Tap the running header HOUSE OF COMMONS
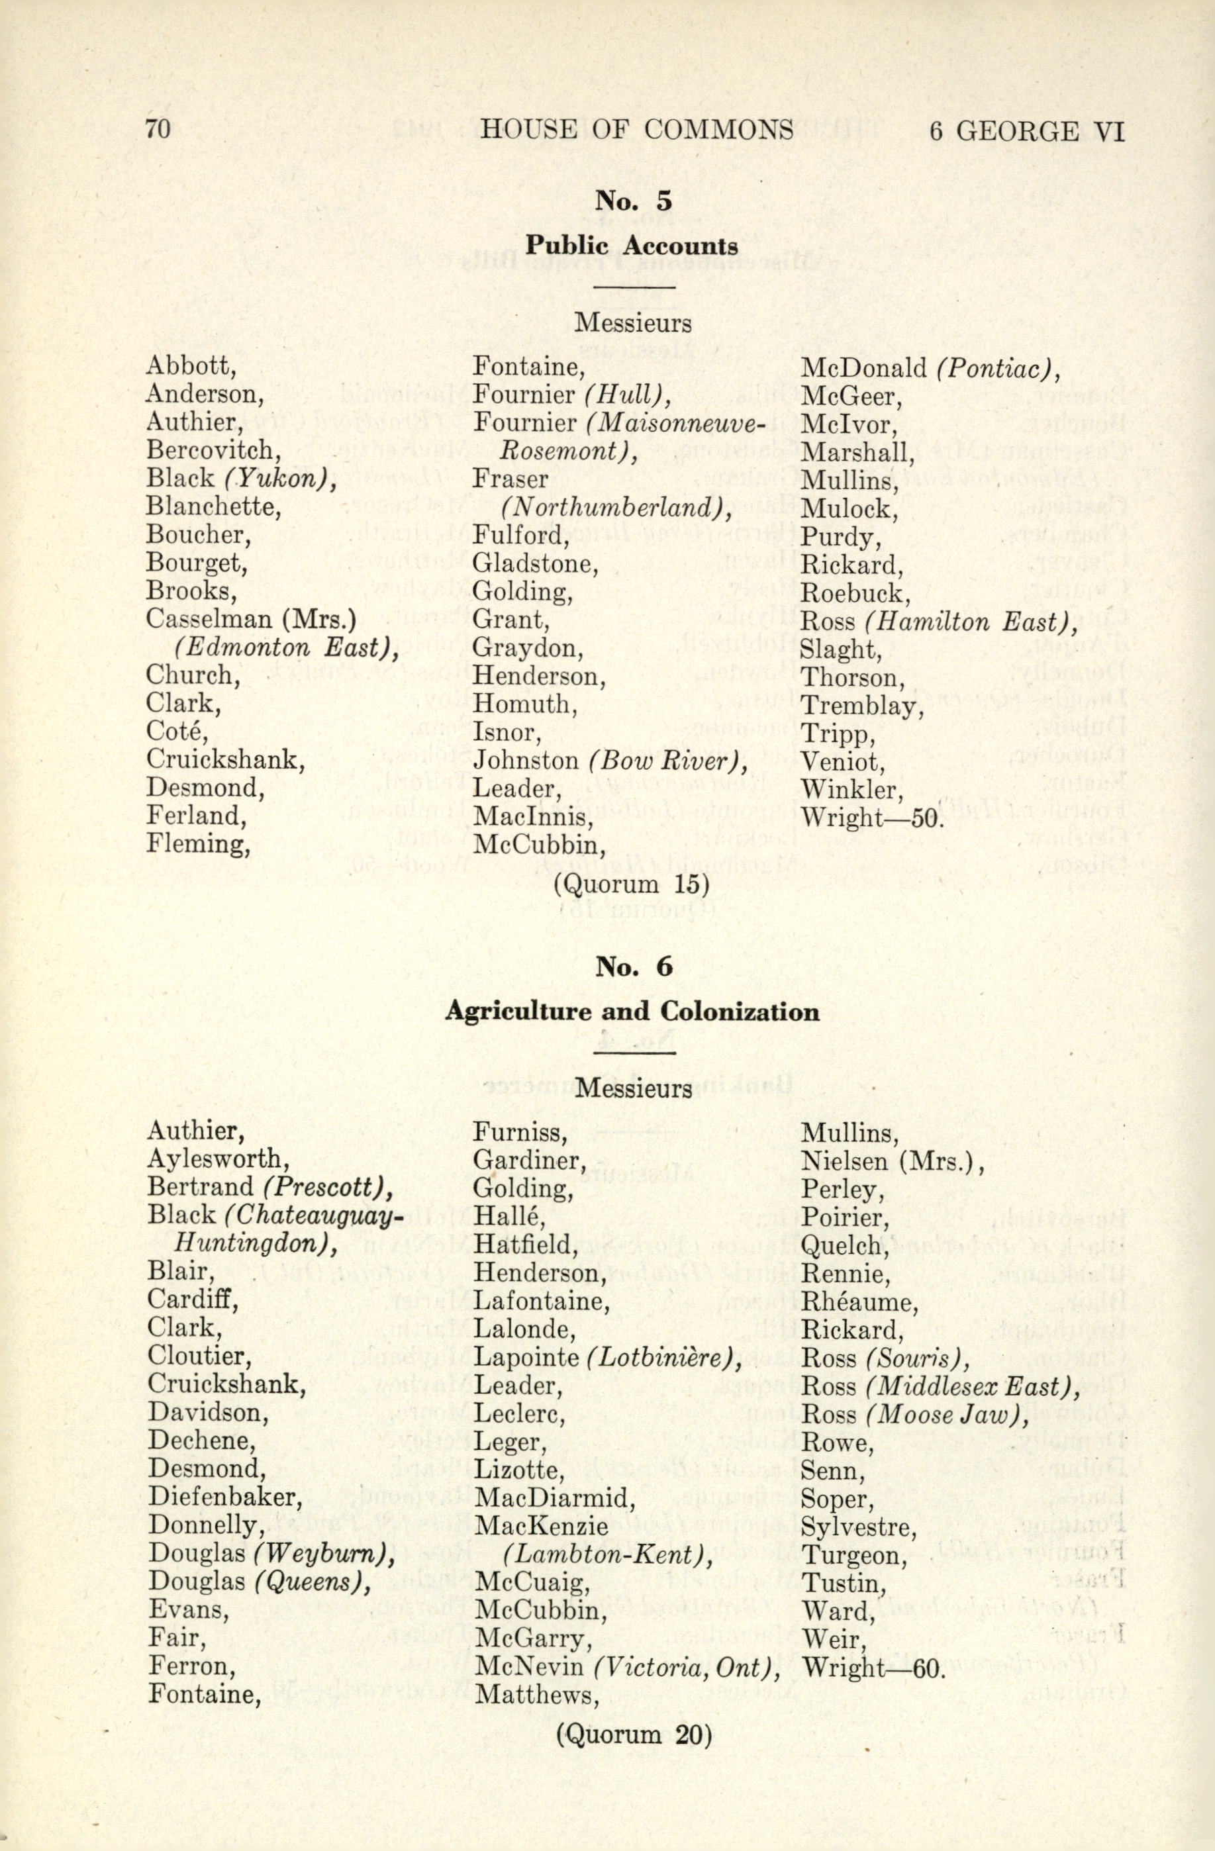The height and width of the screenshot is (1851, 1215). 636,129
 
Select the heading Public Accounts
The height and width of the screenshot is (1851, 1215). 632,246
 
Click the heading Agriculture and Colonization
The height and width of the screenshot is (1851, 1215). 632,1245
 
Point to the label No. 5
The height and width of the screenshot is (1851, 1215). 632,201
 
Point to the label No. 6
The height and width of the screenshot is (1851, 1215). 632,1200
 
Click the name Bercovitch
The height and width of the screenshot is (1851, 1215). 209,450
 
